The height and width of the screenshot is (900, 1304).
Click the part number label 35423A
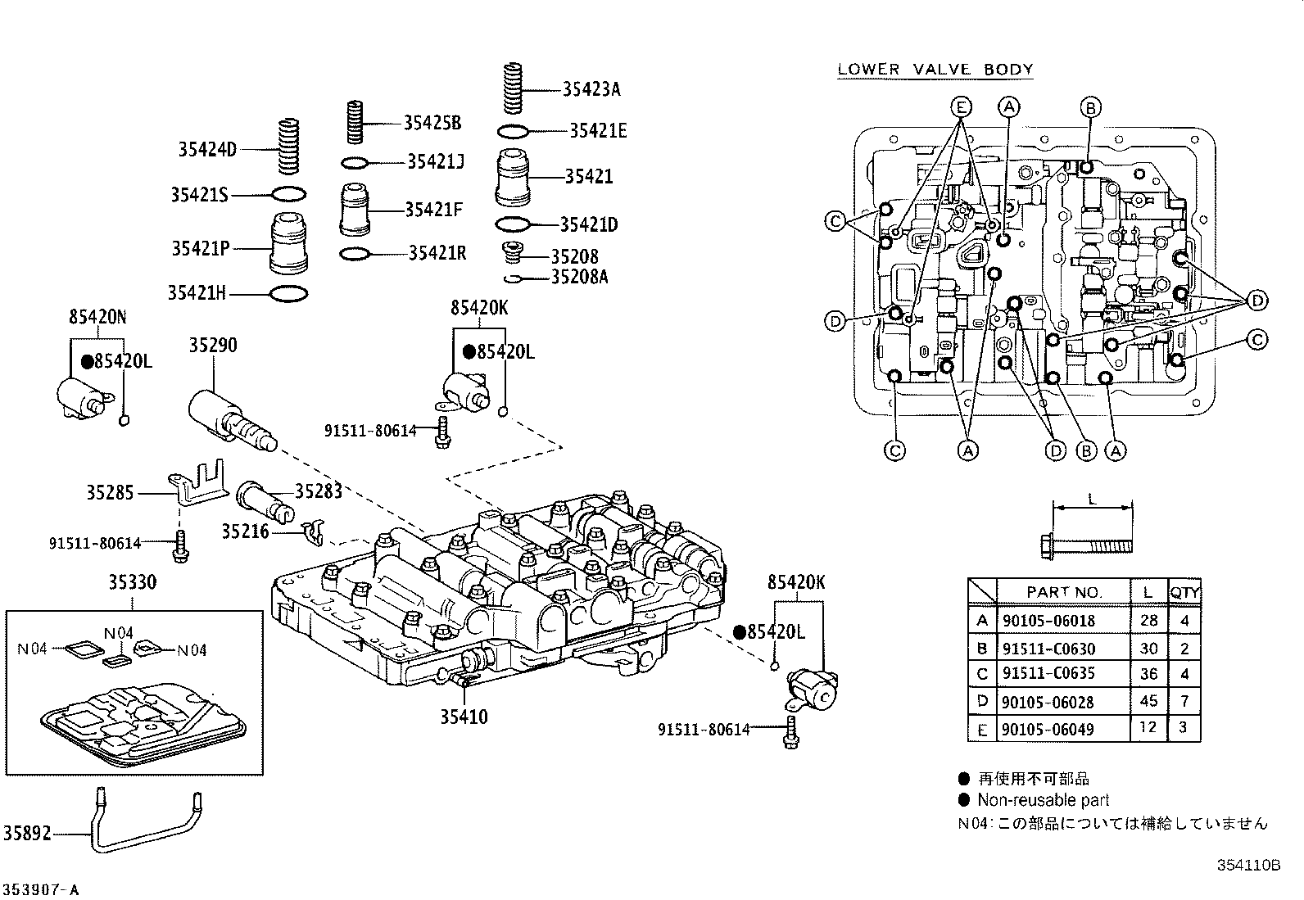pyautogui.click(x=591, y=89)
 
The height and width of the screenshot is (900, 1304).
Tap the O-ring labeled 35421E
pyautogui.click(x=514, y=131)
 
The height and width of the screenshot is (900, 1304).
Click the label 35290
pyautogui.click(x=213, y=345)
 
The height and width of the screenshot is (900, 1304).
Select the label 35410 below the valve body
pyautogui.click(x=464, y=717)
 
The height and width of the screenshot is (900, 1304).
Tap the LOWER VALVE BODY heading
pyautogui.click(x=935, y=70)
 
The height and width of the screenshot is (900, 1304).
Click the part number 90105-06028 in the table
pyautogui.click(x=1048, y=702)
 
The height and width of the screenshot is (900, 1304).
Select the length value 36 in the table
pyautogui.click(x=1149, y=673)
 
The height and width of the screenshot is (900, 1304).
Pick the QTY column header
pyautogui.click(x=1184, y=592)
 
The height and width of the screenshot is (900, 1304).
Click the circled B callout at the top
pyautogui.click(x=1089, y=106)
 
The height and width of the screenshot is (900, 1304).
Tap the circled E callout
pyautogui.click(x=962, y=106)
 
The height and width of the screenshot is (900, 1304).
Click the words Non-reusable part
pyautogui.click(x=1043, y=800)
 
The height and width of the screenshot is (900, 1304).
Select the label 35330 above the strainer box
pyautogui.click(x=133, y=582)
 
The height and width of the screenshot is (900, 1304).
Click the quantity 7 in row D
pyautogui.click(x=1184, y=701)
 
